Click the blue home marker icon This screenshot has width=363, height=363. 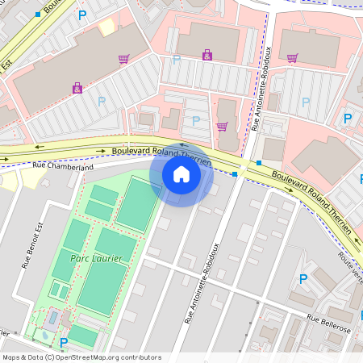click(181, 173)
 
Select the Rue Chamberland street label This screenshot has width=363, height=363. click(63, 166)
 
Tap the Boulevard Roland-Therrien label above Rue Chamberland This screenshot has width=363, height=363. click(161, 153)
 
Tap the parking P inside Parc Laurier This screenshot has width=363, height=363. click(64, 342)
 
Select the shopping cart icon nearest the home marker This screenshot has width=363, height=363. click(222, 126)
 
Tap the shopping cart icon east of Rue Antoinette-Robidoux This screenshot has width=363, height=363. click(292, 57)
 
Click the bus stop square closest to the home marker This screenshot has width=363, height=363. click(234, 173)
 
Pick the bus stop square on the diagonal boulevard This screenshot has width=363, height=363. click(38, 14)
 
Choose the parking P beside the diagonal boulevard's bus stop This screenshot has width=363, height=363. click(81, 15)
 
